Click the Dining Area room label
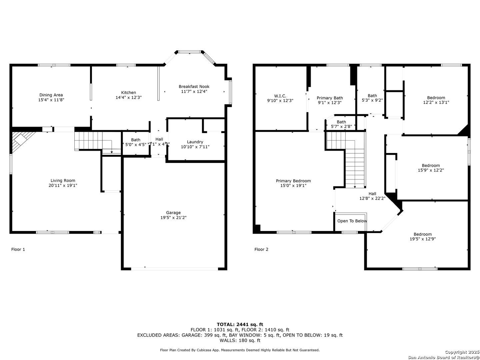51,95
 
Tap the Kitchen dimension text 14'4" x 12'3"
129,97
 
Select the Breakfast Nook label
194,87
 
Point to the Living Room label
63,181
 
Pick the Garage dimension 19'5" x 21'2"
173,217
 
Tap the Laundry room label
195,142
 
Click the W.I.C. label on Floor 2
280,96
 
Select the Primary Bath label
330,98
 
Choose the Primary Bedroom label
293,181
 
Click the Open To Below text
352,221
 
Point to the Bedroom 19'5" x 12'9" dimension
422,239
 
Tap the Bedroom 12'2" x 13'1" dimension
436,102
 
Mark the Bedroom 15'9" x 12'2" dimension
431,170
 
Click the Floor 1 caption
18,249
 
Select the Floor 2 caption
261,249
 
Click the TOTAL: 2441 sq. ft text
240,325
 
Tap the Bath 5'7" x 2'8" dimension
341,126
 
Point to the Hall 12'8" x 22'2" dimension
372,198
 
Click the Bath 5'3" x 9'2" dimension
372,100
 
